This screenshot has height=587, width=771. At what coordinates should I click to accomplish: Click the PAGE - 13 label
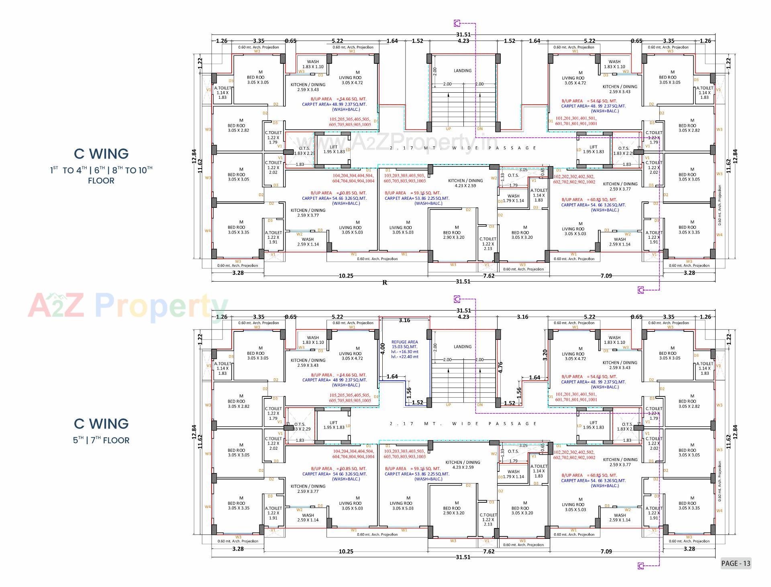click(736, 563)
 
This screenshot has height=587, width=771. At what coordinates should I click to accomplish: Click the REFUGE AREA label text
click(404, 342)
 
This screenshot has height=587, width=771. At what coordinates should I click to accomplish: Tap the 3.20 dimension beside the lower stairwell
click(545, 355)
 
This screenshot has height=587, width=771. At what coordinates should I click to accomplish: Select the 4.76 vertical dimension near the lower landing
click(500, 368)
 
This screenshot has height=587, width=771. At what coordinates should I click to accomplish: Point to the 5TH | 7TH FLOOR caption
click(101, 440)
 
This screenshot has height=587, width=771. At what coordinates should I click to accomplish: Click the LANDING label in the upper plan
click(463, 71)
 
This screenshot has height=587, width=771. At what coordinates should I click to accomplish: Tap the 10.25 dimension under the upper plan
click(346, 276)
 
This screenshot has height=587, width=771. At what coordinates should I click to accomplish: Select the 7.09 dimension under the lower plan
click(606, 551)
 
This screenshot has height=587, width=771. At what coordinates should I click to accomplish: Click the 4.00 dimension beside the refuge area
click(382, 348)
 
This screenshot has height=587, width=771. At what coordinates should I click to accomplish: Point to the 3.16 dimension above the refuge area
click(404, 320)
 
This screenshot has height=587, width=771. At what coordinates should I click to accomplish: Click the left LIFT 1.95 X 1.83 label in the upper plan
click(334, 149)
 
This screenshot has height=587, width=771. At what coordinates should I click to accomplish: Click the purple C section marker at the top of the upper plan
click(457, 23)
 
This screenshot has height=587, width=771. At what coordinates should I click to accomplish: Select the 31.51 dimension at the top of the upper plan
click(463, 35)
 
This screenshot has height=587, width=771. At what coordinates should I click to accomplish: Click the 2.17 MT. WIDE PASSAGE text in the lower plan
click(463, 424)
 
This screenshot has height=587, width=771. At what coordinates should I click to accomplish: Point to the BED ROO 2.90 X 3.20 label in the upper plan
click(454, 235)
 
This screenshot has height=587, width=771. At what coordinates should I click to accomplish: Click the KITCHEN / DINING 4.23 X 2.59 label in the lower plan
click(463, 465)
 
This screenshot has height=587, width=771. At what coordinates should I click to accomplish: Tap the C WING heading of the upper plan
click(101, 154)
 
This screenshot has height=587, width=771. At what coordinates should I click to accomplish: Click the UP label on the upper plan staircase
click(448, 129)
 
